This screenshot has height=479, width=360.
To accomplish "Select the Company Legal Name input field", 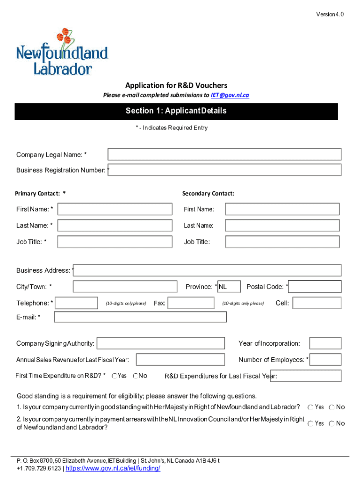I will click(x=224, y=154).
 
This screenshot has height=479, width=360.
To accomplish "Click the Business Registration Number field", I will click(x=225, y=170).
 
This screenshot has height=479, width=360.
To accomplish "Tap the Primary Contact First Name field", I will click(x=111, y=209).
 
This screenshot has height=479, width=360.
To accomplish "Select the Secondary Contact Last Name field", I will click(x=282, y=225).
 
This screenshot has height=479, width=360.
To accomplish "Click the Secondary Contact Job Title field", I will click(x=282, y=242).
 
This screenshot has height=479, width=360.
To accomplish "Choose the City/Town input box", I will click(x=125, y=287).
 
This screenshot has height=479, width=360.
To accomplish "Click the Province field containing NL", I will click(x=229, y=287).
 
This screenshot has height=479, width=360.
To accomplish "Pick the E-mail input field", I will click(x=140, y=317).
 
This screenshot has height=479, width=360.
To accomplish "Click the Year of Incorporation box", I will click(x=325, y=343).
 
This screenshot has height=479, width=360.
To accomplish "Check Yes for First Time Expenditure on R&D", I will click(x=115, y=376).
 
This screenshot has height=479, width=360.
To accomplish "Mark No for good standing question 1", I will click(x=331, y=407).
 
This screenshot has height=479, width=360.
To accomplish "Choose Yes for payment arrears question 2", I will click(x=310, y=423).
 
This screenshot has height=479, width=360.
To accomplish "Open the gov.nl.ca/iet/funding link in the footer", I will click(x=113, y=468).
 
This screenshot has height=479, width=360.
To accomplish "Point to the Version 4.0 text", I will click(x=330, y=15).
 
